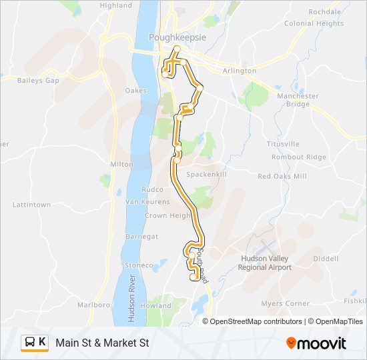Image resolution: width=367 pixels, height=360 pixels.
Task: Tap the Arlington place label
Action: (x=240, y=71)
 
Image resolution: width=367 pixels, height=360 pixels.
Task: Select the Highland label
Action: (x=116, y=5)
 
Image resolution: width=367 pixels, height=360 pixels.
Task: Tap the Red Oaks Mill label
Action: (x=282, y=176)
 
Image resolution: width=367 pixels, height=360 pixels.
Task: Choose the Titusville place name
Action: (x=283, y=144)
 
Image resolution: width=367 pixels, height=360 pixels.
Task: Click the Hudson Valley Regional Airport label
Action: (x=265, y=263)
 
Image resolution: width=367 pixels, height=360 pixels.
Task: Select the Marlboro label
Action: (x=93, y=305)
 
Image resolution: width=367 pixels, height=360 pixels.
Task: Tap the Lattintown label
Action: (x=31, y=205)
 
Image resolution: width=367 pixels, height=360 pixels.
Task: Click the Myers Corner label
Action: (x=286, y=303)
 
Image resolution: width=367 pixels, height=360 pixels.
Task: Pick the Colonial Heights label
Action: (x=314, y=23)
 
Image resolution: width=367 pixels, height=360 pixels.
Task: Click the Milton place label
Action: (x=122, y=163)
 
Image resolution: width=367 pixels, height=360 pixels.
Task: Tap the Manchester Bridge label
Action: (x=298, y=100)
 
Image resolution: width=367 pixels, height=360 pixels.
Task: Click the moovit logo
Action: (x=316, y=343)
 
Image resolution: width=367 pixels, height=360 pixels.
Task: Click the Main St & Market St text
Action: (x=102, y=343)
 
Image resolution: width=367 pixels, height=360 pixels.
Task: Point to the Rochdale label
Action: (x=325, y=12)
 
